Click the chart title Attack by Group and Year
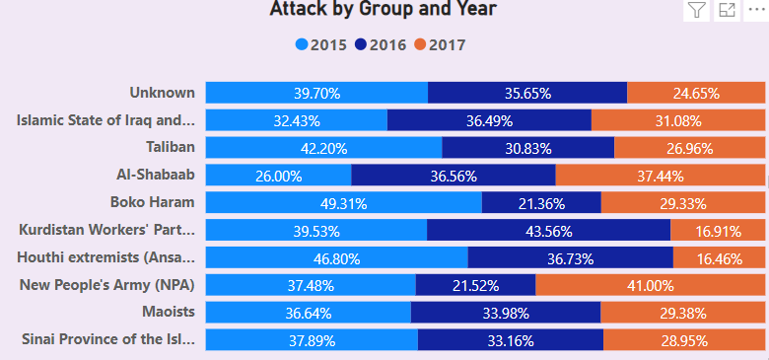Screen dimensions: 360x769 coord(383,10)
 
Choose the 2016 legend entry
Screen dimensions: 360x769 coord(381,44)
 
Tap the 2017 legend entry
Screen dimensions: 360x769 coord(439,44)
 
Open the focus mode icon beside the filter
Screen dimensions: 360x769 coord(727,11)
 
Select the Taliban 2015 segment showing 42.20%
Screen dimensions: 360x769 coord(323,148)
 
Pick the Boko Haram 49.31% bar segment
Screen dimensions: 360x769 coord(343,203)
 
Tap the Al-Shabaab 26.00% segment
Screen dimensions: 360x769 coord(278,176)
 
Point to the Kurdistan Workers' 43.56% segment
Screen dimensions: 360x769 coord(548,231)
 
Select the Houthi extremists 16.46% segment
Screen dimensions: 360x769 coord(719,258)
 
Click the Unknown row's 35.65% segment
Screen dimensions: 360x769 coord(527,94)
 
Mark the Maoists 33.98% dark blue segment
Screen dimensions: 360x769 coord(505,314)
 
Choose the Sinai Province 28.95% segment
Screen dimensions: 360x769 coord(684,341)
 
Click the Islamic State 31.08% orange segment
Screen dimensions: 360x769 coord(677,120)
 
